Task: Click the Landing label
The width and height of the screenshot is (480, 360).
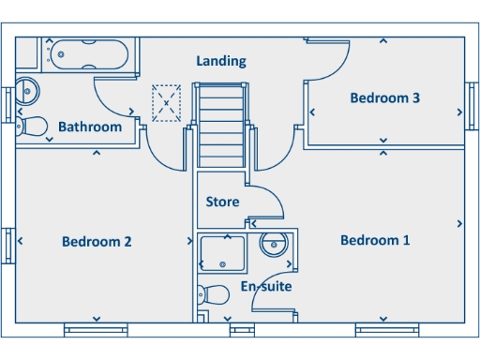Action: (x=221, y=61)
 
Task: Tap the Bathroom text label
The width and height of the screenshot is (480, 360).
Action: (x=90, y=127)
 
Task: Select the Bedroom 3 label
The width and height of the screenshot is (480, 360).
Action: (x=384, y=97)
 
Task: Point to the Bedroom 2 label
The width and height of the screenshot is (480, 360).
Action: (x=97, y=241)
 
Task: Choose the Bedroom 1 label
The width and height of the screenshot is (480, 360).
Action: (x=375, y=240)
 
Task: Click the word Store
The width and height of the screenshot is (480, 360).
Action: (x=222, y=202)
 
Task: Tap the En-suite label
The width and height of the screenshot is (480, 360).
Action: (x=266, y=286)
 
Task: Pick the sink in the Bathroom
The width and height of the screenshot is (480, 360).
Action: (x=27, y=91)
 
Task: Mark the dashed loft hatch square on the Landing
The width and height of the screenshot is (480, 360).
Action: (x=167, y=102)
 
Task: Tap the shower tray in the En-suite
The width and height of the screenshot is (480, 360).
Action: (x=223, y=253)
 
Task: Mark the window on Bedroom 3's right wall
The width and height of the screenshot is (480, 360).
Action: (x=472, y=98)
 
